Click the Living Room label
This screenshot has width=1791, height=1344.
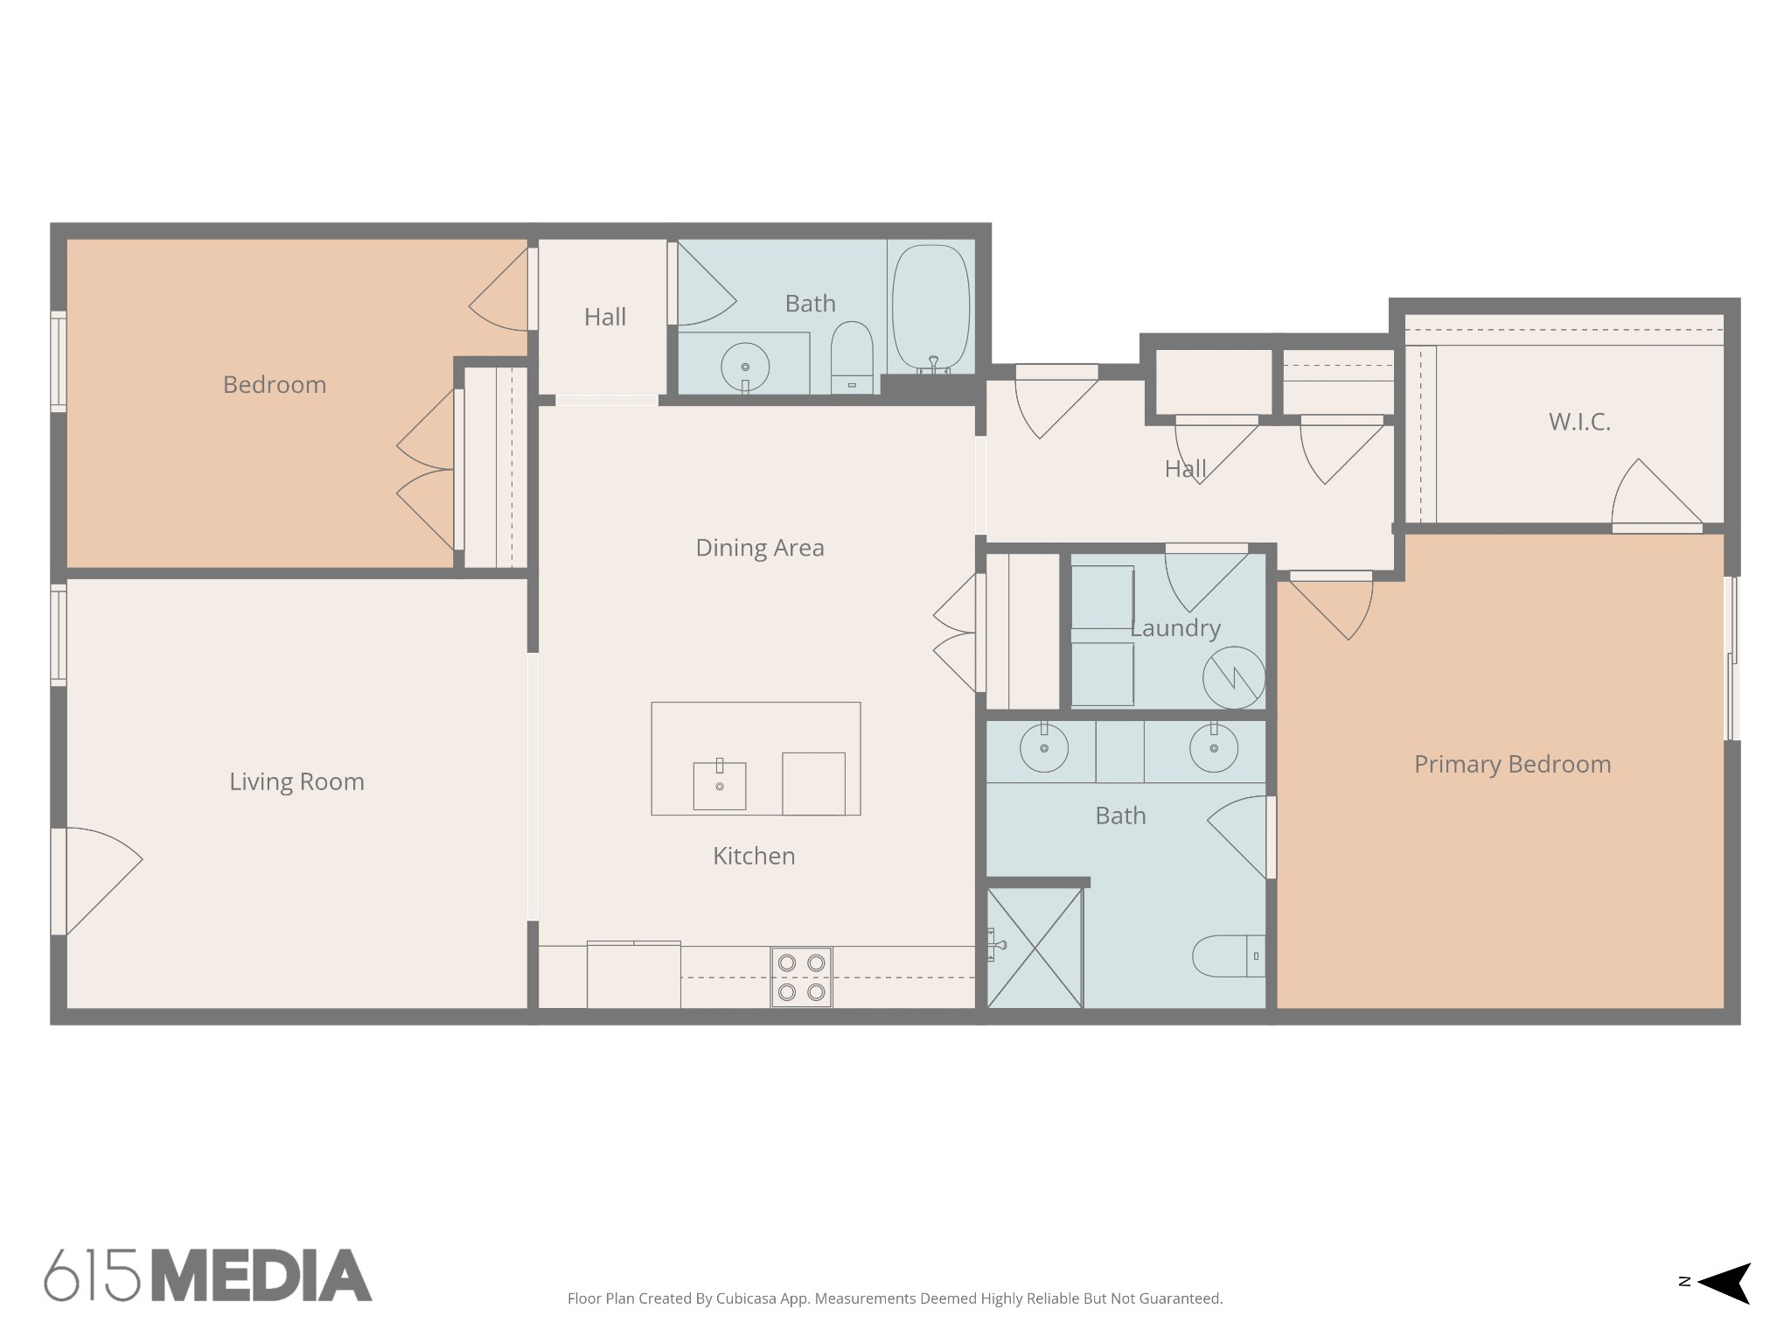296,781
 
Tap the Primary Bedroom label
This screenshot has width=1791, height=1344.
1512,764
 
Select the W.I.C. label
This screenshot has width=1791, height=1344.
1578,422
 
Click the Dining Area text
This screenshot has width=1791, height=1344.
759,548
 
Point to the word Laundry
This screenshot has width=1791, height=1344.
1174,628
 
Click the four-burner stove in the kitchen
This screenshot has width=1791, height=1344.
801,976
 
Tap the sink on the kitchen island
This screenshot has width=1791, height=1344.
720,785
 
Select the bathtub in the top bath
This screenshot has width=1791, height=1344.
931,306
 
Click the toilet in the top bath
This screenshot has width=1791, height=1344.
852,357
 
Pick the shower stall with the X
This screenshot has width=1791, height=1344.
1035,948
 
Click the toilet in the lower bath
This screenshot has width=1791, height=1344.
1229,956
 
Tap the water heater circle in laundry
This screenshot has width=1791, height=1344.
1233,677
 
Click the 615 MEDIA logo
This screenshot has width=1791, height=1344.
208,1276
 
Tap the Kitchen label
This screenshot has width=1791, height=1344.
754,856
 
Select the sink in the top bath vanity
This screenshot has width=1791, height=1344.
745,367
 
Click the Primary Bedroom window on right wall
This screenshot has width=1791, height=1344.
1732,658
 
